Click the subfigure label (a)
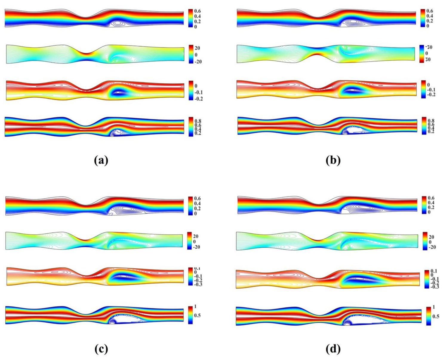point(101,161)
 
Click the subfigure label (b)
point(333,161)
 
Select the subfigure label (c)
point(101,349)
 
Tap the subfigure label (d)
point(333,349)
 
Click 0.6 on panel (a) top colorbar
point(198,11)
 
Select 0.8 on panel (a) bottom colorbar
point(198,121)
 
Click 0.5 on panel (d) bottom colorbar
point(436,316)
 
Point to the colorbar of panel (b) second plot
point(421,53)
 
